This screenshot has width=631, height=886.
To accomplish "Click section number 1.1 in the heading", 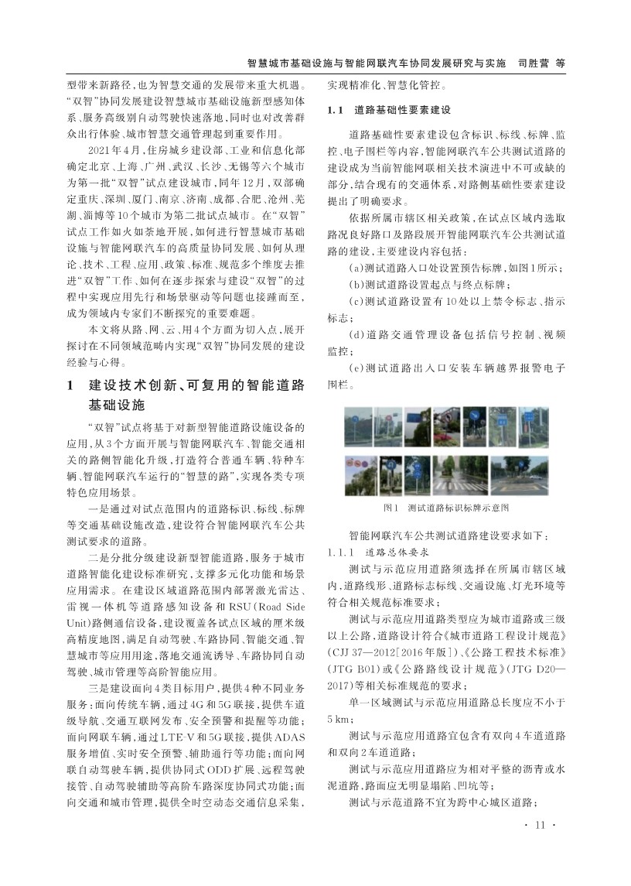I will (335, 111).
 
